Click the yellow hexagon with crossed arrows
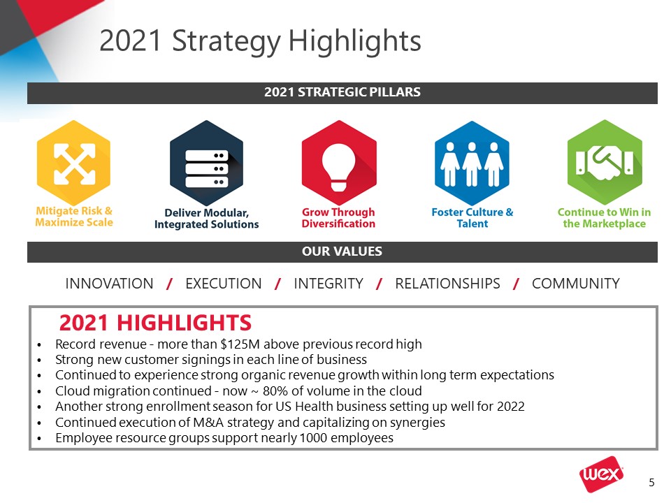73,163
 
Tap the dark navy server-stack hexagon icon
206,163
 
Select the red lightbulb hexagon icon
339,163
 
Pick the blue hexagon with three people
472,163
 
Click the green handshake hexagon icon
604,163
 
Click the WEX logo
601,474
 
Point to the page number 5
651,483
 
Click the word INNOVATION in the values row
109,284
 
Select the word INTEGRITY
329,284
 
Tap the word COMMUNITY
575,284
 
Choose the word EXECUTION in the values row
224,284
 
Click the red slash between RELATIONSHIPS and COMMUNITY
516,284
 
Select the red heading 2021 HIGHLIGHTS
155,323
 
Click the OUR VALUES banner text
342,251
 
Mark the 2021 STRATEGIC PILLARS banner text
342,92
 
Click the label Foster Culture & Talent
472,218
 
